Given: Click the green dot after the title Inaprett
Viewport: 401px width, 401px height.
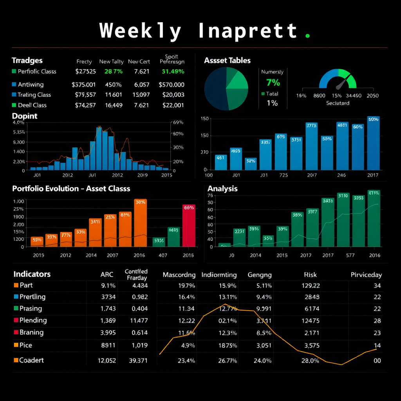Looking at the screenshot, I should pos(307,36).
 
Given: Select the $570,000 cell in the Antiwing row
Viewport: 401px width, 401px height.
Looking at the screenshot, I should pos(172,85).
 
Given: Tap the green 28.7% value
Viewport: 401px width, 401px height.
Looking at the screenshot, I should pos(114,72).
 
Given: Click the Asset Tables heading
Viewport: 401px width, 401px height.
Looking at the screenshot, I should pos(227,60).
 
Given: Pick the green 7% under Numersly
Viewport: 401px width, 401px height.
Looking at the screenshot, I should pos(273,83).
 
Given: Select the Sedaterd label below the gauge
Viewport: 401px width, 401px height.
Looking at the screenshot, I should pos(338,103).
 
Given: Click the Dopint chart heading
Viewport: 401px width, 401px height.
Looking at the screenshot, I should pos(25,116).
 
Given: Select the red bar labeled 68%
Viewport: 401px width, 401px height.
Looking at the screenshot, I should pos(189,226).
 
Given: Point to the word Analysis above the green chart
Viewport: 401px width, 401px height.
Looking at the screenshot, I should pos(222,189).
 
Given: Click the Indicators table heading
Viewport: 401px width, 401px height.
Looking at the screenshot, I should pos(32,274).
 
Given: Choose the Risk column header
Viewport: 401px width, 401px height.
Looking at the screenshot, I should pos(310,275).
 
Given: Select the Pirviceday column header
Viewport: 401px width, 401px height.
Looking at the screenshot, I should pos(366,275).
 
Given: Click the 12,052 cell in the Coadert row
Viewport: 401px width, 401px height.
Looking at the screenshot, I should pos(107,361).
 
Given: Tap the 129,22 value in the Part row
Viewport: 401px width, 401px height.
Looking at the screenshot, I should pos(311,286).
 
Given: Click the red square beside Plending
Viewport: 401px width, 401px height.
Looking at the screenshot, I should pos(16,320).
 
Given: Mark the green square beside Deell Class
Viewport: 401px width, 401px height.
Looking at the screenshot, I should pos(14,105).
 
